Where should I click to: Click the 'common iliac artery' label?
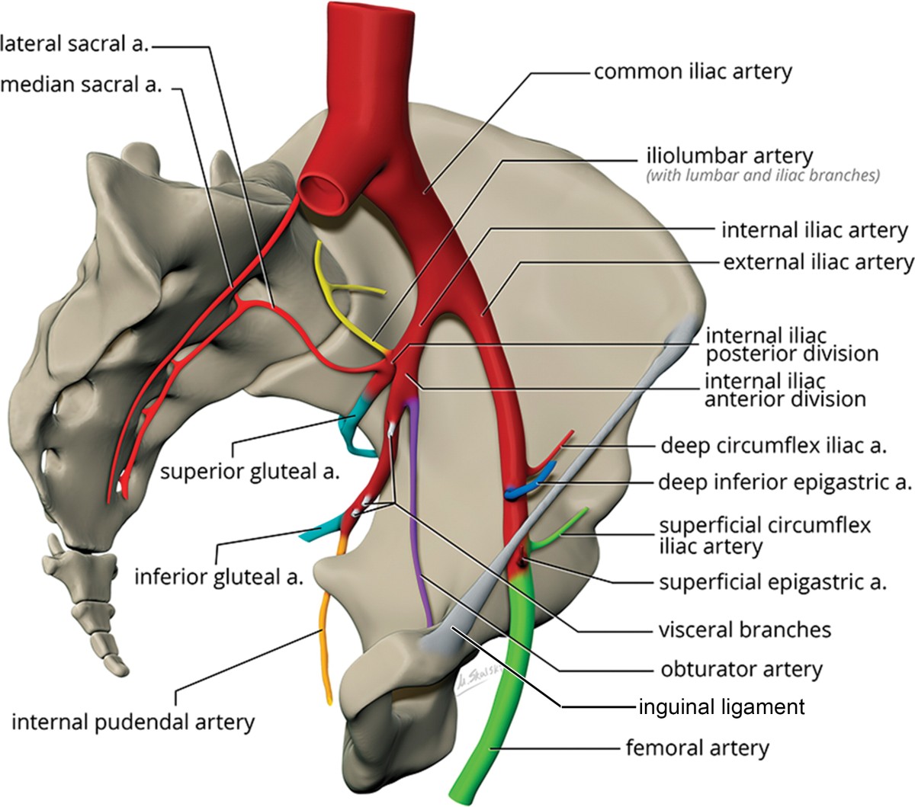pyautogui.click(x=692, y=72)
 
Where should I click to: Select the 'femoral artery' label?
pyautogui.click(x=697, y=748)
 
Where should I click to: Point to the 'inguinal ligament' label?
pyautogui.click(x=721, y=707)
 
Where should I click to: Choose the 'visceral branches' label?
pyautogui.click(x=744, y=630)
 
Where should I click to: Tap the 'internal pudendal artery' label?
pyautogui.click(x=133, y=722)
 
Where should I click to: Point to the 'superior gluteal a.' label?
pyautogui.click(x=249, y=472)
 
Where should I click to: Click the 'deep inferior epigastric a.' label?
pyautogui.click(x=785, y=482)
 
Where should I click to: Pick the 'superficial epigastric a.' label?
pyautogui.click(x=772, y=583)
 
